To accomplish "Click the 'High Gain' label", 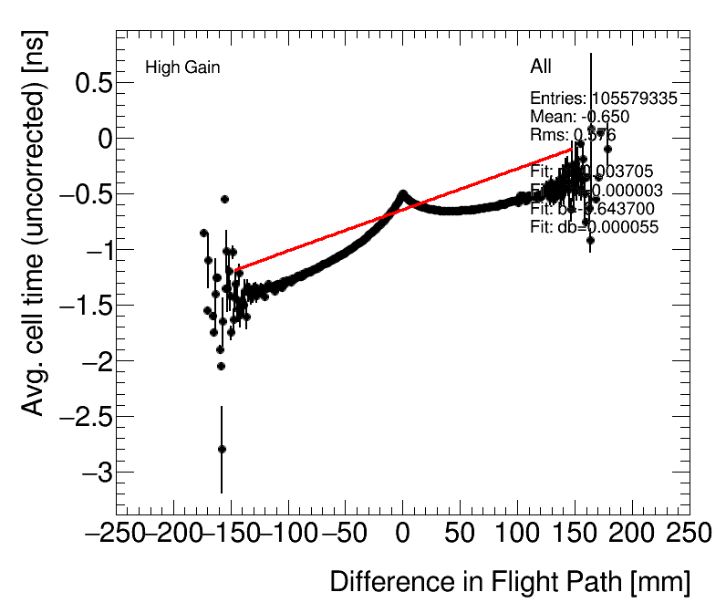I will tap(182, 68).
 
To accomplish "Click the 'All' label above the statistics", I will tap(541, 67).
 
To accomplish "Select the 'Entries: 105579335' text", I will tap(603, 99).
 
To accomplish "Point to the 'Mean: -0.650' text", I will tap(579, 117).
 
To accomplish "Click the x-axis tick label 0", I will tap(402, 533).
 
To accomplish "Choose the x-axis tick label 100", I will tap(517, 533).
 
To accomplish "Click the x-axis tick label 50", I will tap(460, 533).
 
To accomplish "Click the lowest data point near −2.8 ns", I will tap(222, 449).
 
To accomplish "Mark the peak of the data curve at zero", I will tap(402, 194).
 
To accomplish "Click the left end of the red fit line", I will tap(237, 269).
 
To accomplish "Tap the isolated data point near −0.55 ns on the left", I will tap(224, 199).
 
